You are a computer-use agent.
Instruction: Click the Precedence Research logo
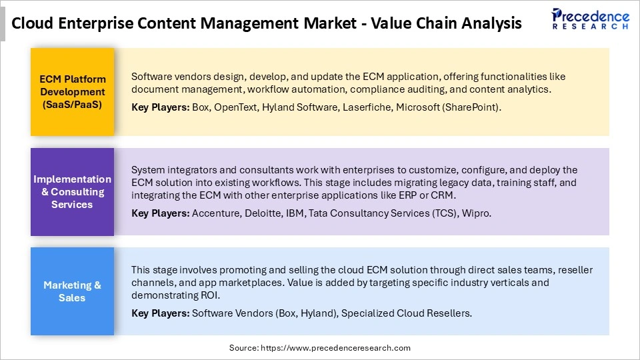click(x=590, y=19)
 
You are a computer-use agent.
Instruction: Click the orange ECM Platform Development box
click(x=72, y=92)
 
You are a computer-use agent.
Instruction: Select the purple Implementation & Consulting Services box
click(x=72, y=192)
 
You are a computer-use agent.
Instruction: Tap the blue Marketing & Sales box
click(x=72, y=291)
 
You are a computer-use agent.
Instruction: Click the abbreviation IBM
click(x=299, y=213)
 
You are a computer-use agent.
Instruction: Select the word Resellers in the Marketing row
click(x=448, y=313)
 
